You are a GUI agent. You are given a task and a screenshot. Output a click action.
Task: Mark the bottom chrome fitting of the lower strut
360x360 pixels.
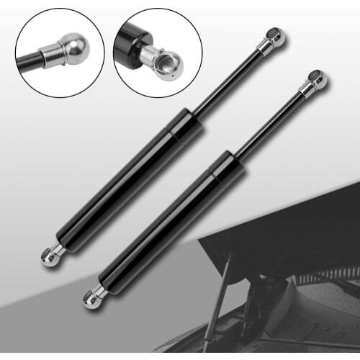tap(94, 296)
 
